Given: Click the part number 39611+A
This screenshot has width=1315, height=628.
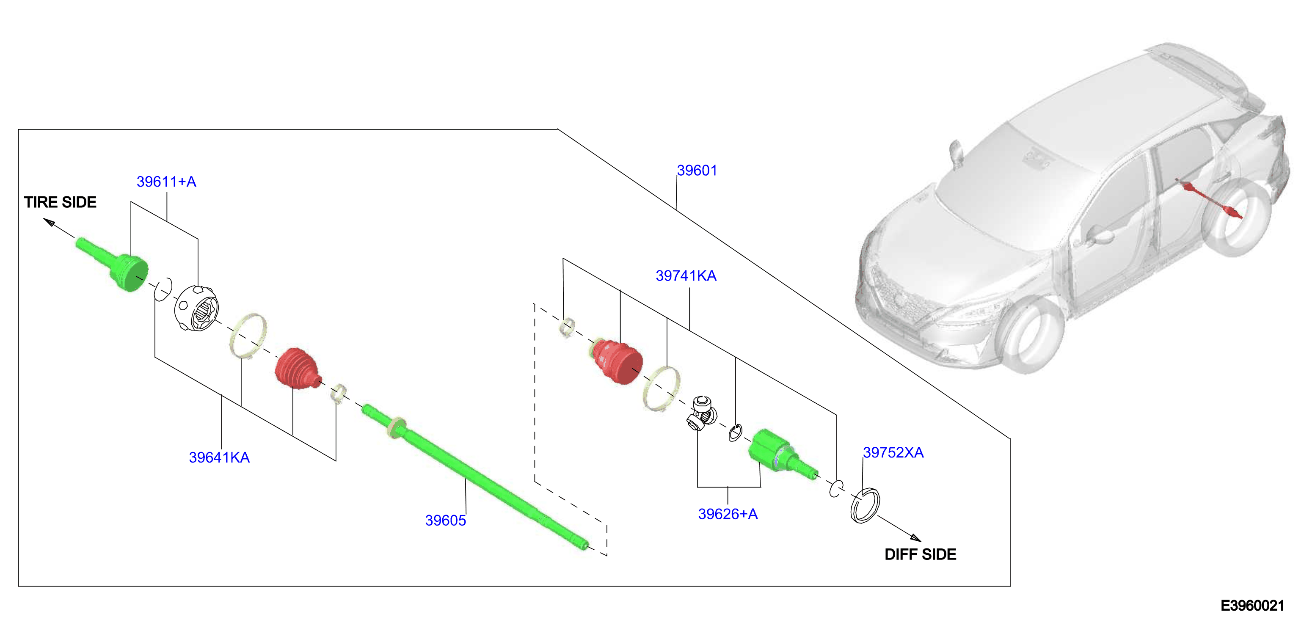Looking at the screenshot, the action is tap(166, 182).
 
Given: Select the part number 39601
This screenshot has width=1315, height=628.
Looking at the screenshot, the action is tap(697, 171).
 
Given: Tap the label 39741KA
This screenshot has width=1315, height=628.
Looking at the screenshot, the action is tap(686, 276).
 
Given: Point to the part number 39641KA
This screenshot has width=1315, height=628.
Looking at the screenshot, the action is tap(220, 457).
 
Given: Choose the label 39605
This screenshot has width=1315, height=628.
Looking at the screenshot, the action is tap(446, 520).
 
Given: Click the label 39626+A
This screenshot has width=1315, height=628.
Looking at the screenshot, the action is tap(728, 514).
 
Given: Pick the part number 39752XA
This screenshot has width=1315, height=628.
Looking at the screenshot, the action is tap(893, 452).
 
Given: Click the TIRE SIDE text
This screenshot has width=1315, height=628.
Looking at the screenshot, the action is tap(60, 202).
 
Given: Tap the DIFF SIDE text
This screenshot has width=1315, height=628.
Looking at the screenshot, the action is tap(921, 554).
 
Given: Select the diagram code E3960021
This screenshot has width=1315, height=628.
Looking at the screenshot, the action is tap(1252, 606).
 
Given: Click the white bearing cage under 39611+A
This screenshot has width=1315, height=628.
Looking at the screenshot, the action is tap(197, 308).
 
